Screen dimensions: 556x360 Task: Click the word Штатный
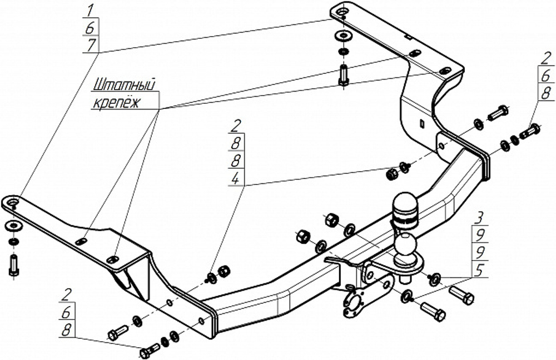tap(125, 86)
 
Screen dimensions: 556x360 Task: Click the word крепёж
tap(117, 103)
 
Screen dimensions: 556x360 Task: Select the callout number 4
tap(236, 178)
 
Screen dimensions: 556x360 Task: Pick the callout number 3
tap(479, 218)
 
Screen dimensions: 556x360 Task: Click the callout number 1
tap(91, 11)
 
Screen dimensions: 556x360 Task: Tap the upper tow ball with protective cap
tap(405, 209)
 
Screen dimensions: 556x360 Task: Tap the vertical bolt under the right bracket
tap(343, 74)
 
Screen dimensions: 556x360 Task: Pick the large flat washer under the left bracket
tap(13, 226)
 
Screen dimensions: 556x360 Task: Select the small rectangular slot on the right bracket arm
tap(421, 123)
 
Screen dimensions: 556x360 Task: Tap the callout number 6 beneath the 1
tap(91, 28)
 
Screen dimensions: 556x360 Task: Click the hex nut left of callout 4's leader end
tap(391, 174)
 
